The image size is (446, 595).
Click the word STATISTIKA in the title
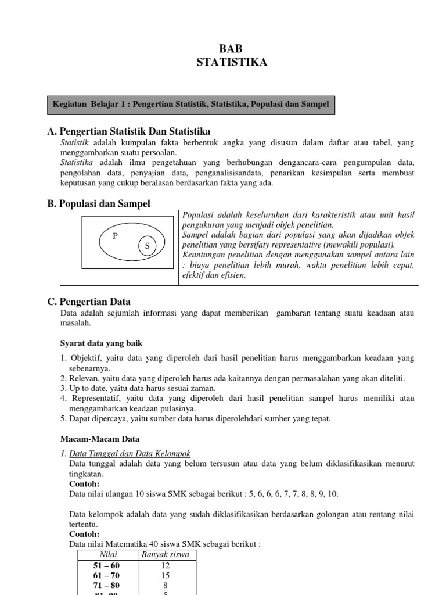[x=232, y=63]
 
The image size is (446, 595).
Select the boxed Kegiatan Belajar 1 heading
[x=190, y=104]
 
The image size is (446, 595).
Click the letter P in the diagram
[x=115, y=236]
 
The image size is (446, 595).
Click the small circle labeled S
[x=147, y=246]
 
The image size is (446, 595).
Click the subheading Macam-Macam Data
[x=100, y=439]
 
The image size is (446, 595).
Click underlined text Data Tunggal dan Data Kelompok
[x=130, y=453]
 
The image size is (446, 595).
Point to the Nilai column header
[x=109, y=554]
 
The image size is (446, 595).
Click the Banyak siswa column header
[x=165, y=554]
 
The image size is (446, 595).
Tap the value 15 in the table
[x=165, y=575]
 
